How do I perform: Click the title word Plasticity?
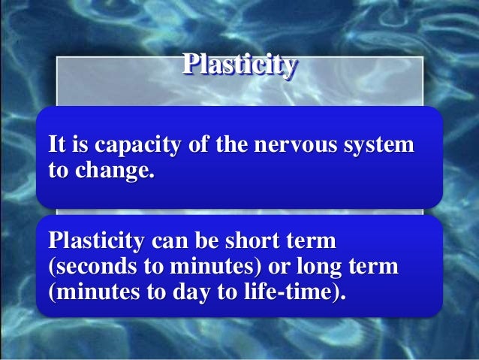(239, 65)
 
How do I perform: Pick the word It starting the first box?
(57, 143)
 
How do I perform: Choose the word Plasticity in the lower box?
(96, 242)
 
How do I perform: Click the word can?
(170, 242)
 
